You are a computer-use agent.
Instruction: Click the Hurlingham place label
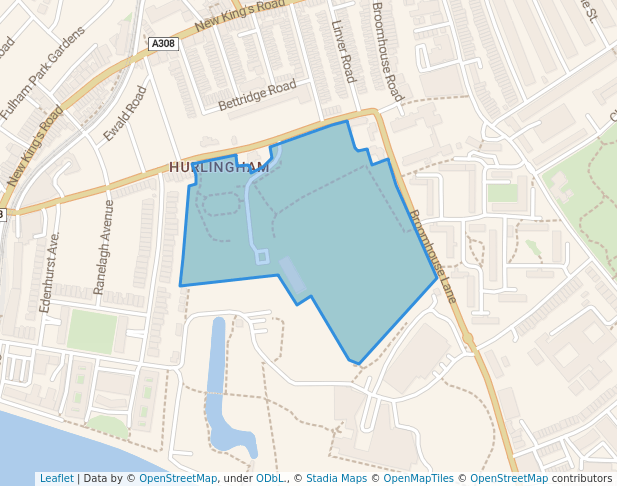point(219,167)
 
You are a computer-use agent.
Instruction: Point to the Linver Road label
point(343,51)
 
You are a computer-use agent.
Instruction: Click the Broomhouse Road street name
point(386,50)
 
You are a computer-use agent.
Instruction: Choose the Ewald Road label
point(125,113)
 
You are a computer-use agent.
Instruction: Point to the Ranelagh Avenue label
point(103,246)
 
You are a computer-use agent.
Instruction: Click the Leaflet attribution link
point(56,478)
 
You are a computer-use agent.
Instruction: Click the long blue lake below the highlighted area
point(218,380)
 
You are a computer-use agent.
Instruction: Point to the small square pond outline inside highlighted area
point(262,257)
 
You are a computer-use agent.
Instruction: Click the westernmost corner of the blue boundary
point(181,285)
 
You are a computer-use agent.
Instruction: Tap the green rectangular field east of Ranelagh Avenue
point(92,331)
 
